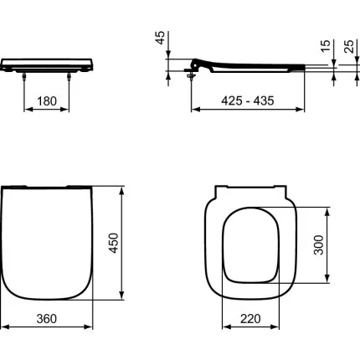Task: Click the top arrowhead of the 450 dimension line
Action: [x=124, y=188]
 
